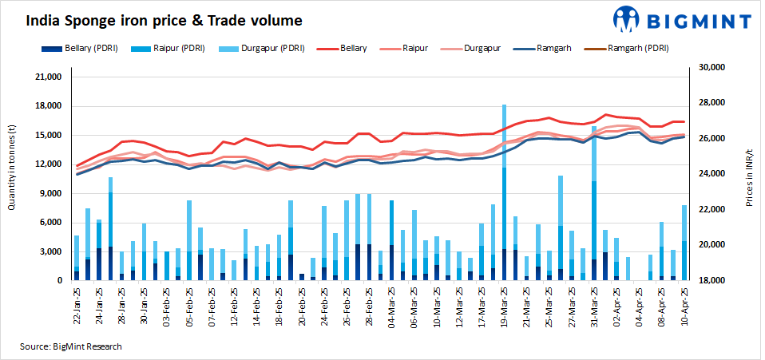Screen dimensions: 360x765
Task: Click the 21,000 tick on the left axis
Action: click(50, 77)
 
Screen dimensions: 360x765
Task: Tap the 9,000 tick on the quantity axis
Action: click(52, 194)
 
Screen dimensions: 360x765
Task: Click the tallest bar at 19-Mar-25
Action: click(505, 192)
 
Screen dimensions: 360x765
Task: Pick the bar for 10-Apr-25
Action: click(684, 243)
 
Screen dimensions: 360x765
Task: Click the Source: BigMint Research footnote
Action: click(71, 346)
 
